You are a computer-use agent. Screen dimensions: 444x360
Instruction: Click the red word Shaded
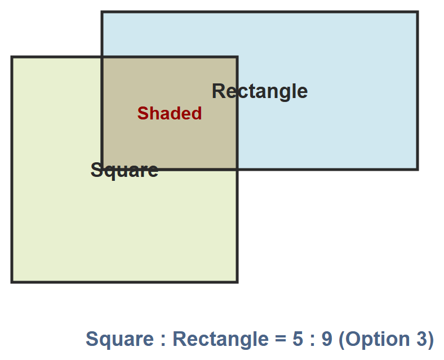pos(170,113)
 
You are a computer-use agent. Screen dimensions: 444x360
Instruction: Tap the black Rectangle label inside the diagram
pos(260,91)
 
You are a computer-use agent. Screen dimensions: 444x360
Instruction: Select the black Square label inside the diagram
pos(125,170)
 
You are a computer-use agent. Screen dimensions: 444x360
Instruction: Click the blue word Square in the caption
pos(119,339)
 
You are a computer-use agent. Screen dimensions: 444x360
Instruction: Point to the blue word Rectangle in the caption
pos(220,339)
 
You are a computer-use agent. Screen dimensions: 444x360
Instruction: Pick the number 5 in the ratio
pos(298,339)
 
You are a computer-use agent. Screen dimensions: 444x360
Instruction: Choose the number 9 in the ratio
pos(327,339)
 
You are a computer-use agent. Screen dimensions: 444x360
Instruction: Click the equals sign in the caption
pos(281,339)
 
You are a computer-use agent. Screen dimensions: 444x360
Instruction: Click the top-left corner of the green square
pos(12,57)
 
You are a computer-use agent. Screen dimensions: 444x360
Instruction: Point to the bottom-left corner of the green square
pos(12,282)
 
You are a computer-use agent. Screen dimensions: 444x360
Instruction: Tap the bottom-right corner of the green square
pos(237,282)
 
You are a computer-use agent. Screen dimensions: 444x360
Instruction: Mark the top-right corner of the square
pos(237,57)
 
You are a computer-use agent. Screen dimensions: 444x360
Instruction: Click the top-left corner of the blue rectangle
pos(102,12)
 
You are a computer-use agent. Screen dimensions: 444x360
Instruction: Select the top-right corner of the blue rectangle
pos(418,12)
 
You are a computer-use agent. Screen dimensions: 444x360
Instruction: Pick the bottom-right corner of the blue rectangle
pos(418,170)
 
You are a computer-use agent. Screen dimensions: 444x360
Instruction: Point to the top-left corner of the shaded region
pos(102,57)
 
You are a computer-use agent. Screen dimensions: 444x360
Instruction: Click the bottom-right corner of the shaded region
pos(237,170)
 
